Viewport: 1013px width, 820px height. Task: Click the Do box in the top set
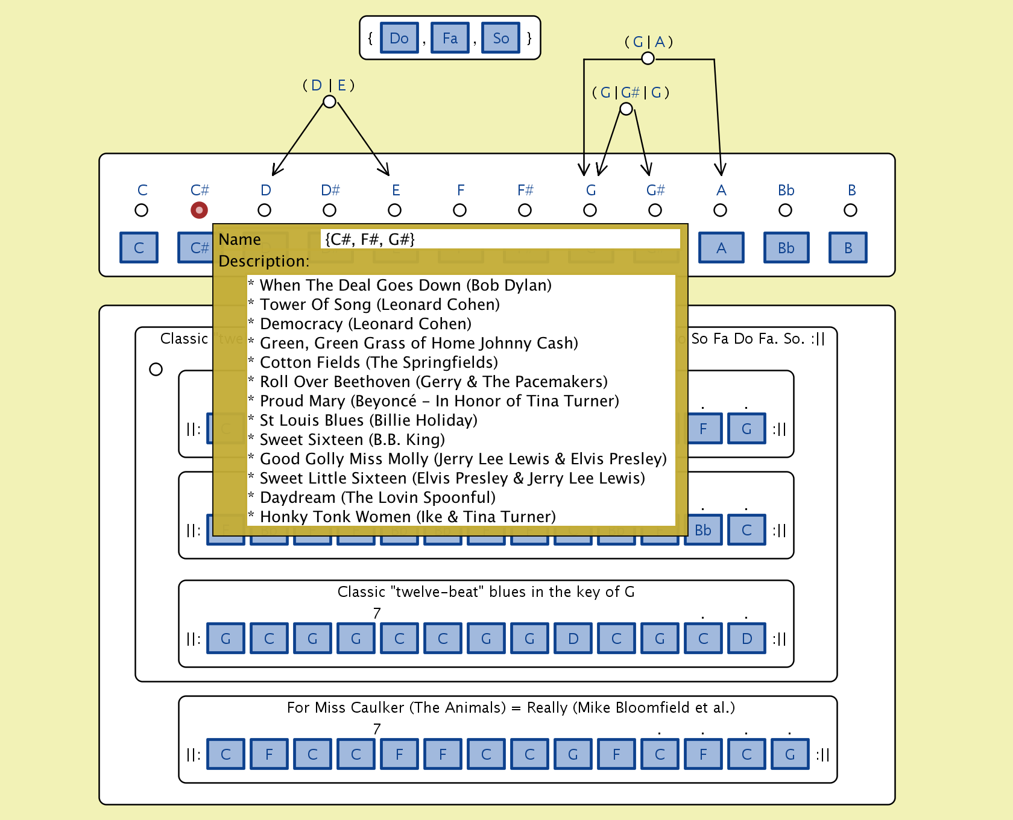tap(399, 39)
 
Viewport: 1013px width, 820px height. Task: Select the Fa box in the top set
tap(450, 39)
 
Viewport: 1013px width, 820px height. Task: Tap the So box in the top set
tap(500, 39)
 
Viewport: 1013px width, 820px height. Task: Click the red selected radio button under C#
tap(199, 210)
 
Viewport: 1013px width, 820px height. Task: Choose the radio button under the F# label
tap(525, 210)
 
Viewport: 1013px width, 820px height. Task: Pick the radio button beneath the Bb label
tap(785, 210)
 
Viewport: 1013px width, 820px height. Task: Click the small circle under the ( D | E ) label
tap(329, 101)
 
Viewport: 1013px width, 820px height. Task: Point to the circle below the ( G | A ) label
tap(648, 58)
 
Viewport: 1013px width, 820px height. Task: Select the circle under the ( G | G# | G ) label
tap(626, 109)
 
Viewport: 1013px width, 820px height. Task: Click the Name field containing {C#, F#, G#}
tap(500, 239)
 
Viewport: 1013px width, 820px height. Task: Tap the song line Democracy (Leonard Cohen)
tap(365, 324)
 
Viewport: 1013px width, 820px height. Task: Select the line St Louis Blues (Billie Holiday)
tap(368, 420)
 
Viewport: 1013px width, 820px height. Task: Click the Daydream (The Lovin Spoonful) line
tap(377, 497)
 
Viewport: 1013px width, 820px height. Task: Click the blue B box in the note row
tap(848, 248)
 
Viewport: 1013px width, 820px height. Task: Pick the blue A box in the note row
tap(721, 248)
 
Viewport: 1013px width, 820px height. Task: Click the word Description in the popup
tap(264, 261)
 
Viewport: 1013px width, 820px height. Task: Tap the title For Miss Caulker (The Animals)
tap(396, 707)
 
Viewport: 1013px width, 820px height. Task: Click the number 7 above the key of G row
tap(377, 613)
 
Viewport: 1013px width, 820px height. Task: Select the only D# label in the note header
tap(330, 190)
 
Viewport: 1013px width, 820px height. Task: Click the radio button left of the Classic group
tap(156, 369)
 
